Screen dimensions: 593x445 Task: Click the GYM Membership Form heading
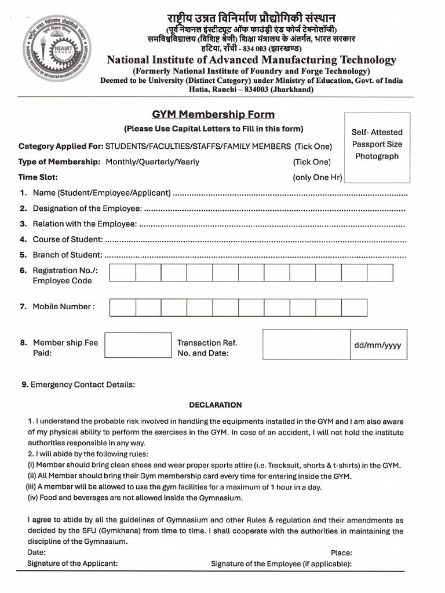(x=213, y=114)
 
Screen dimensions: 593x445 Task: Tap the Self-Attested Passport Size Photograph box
(x=377, y=144)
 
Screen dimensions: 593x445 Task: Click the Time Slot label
(x=38, y=177)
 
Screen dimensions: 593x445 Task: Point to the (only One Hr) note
(x=318, y=177)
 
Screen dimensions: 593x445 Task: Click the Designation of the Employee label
(x=87, y=208)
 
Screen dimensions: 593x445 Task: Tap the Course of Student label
(x=68, y=239)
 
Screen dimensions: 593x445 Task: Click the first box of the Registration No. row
(x=122, y=273)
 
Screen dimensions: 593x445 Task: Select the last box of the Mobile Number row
(x=354, y=307)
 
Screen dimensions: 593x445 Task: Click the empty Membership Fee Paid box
(x=138, y=345)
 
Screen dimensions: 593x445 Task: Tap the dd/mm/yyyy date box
(x=377, y=345)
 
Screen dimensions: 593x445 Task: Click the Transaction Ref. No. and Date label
(x=207, y=347)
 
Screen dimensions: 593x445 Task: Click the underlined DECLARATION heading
(x=216, y=405)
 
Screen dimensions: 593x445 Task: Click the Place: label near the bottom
(x=341, y=552)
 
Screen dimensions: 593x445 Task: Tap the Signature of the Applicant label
(x=72, y=563)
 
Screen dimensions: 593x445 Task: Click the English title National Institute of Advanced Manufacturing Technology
(x=251, y=60)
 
